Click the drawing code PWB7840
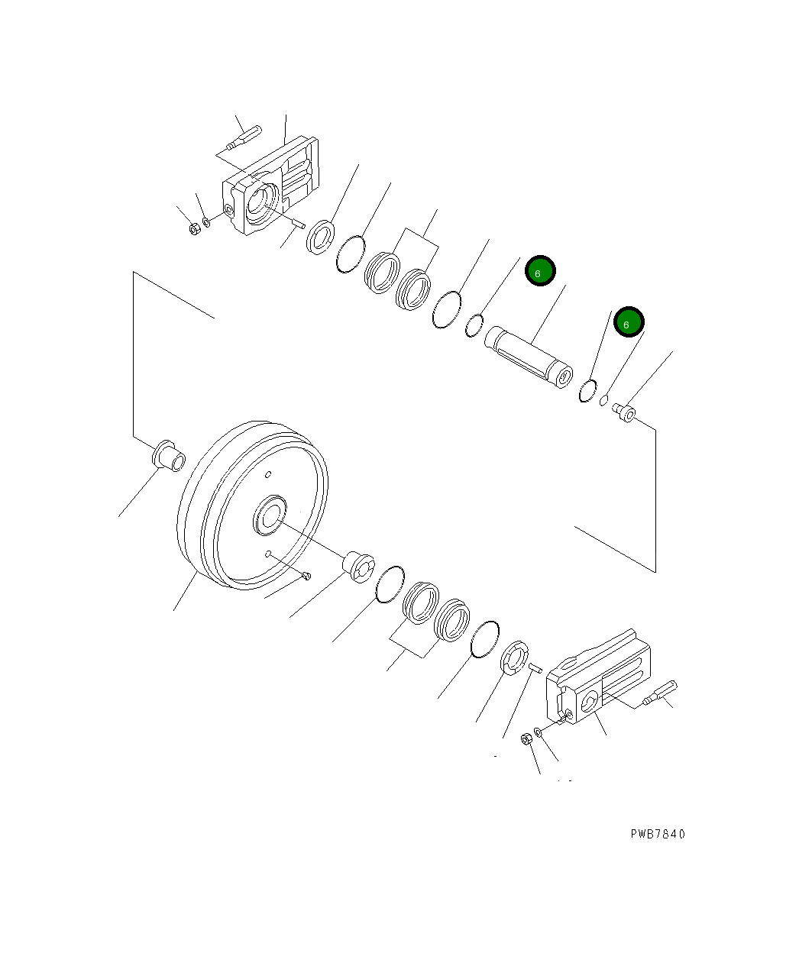point(658,834)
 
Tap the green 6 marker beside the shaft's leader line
point(540,272)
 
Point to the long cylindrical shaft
point(529,355)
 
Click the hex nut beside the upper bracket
point(194,228)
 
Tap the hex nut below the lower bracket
point(526,739)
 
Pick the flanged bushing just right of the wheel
point(357,566)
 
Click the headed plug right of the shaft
point(626,413)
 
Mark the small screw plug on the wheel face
point(306,576)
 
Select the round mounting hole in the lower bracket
point(590,704)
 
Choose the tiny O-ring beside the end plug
point(603,400)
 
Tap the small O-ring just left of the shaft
point(475,325)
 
